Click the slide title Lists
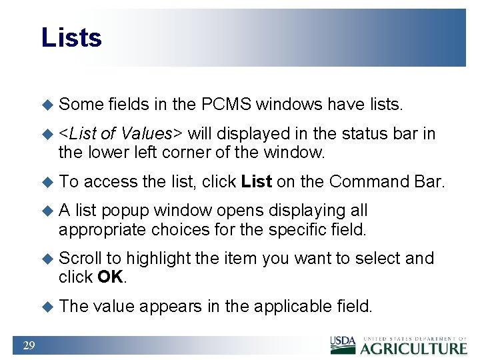pyautogui.click(x=71, y=37)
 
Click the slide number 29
pyautogui.click(x=29, y=345)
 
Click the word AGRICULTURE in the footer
pyautogui.click(x=413, y=348)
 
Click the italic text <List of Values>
pyautogui.click(x=121, y=134)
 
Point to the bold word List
pyautogui.click(x=256, y=181)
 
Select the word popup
pyautogui.click(x=127, y=211)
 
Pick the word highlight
pyautogui.click(x=160, y=258)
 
